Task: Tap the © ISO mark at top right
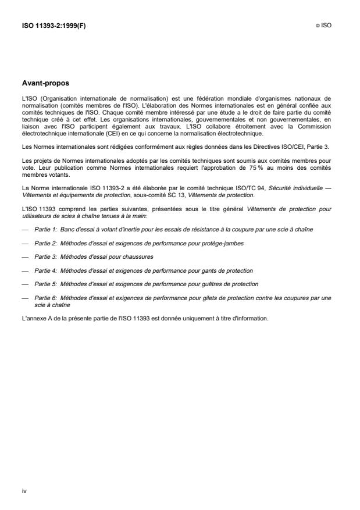click(323, 26)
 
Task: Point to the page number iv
click(24, 491)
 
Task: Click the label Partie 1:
click(45, 230)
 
